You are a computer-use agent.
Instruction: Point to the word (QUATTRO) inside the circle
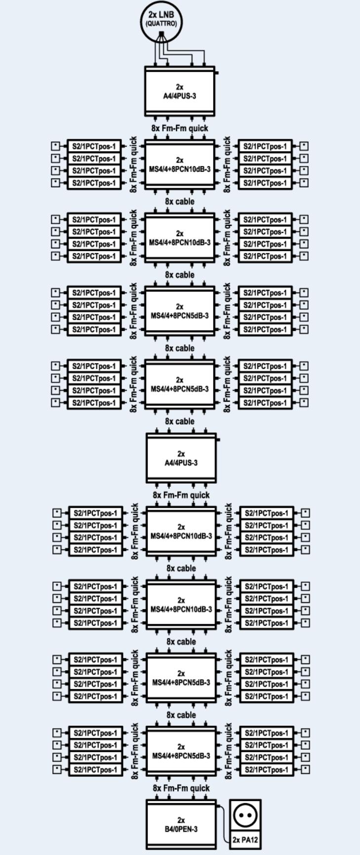161,23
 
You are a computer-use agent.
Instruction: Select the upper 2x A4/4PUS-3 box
180,91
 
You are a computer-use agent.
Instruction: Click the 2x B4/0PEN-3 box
181,824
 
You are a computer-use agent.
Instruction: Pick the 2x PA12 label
246,840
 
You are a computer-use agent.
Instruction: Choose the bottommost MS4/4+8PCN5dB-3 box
181,751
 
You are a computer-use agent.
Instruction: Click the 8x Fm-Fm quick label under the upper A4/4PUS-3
180,128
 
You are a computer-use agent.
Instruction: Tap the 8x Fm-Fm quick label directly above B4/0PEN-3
181,788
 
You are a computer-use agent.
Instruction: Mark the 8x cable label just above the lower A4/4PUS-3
180,421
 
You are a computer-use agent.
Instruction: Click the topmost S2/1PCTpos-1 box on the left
94,146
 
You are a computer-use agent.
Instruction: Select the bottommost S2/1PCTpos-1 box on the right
266,770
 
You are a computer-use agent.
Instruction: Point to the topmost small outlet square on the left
56,146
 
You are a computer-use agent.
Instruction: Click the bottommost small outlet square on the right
306,770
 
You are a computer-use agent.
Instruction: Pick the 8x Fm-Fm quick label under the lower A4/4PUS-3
181,495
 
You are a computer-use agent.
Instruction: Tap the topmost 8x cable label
180,202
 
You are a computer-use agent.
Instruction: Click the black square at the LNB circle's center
161,34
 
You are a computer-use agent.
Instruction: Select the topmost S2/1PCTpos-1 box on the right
265,146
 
